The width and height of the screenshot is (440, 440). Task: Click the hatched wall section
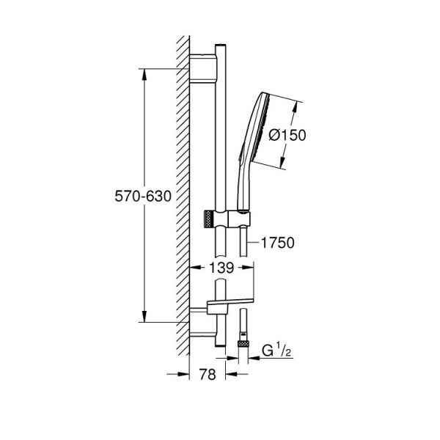pyautogui.click(x=182, y=198)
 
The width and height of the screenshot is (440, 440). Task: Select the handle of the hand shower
pyautogui.click(x=242, y=183)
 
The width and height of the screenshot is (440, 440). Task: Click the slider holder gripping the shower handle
pyautogui.click(x=236, y=219)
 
